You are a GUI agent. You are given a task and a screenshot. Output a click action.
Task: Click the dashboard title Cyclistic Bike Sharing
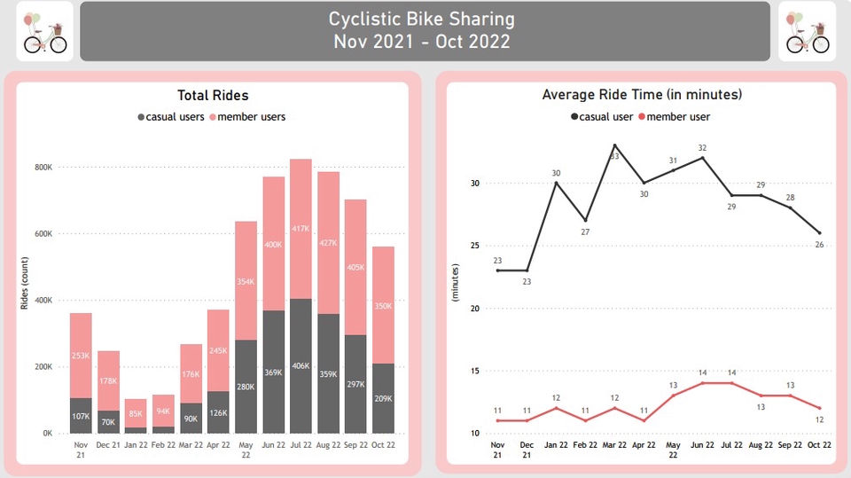click(421, 19)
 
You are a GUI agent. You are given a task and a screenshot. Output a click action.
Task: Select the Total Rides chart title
click(213, 95)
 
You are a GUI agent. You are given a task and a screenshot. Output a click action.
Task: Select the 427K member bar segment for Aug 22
click(328, 243)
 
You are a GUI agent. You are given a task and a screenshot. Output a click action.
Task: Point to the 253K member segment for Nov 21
click(81, 356)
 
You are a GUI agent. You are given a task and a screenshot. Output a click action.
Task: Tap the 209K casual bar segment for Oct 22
click(383, 398)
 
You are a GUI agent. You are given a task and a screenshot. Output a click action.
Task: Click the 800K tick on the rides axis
click(43, 167)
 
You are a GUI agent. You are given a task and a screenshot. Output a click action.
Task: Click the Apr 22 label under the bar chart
click(219, 444)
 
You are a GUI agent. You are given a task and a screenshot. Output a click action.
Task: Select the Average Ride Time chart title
click(642, 95)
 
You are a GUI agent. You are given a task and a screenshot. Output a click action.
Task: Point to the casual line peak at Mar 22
click(614, 145)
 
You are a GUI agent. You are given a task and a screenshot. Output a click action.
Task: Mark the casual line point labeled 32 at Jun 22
click(702, 158)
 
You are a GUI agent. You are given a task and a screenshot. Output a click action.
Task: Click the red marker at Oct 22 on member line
click(819, 409)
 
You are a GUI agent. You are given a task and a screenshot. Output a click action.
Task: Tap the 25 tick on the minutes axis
click(474, 246)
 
